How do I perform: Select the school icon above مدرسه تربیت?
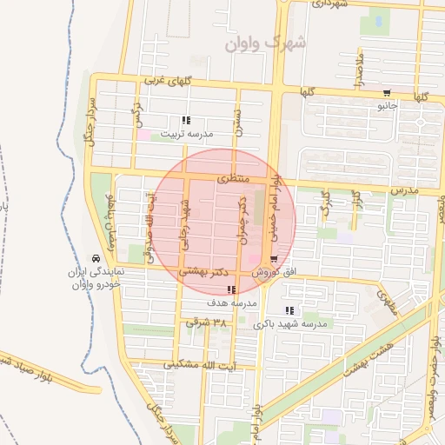[185, 121]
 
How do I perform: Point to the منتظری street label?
[232, 178]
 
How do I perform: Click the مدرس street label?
[403, 189]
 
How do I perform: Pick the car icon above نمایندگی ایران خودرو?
[95, 258]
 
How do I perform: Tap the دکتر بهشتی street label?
[203, 272]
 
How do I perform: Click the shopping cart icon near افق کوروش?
[274, 259]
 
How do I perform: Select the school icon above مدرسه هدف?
[230, 290]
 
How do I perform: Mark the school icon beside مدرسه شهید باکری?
[289, 310]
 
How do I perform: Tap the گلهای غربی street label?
[166, 82]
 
